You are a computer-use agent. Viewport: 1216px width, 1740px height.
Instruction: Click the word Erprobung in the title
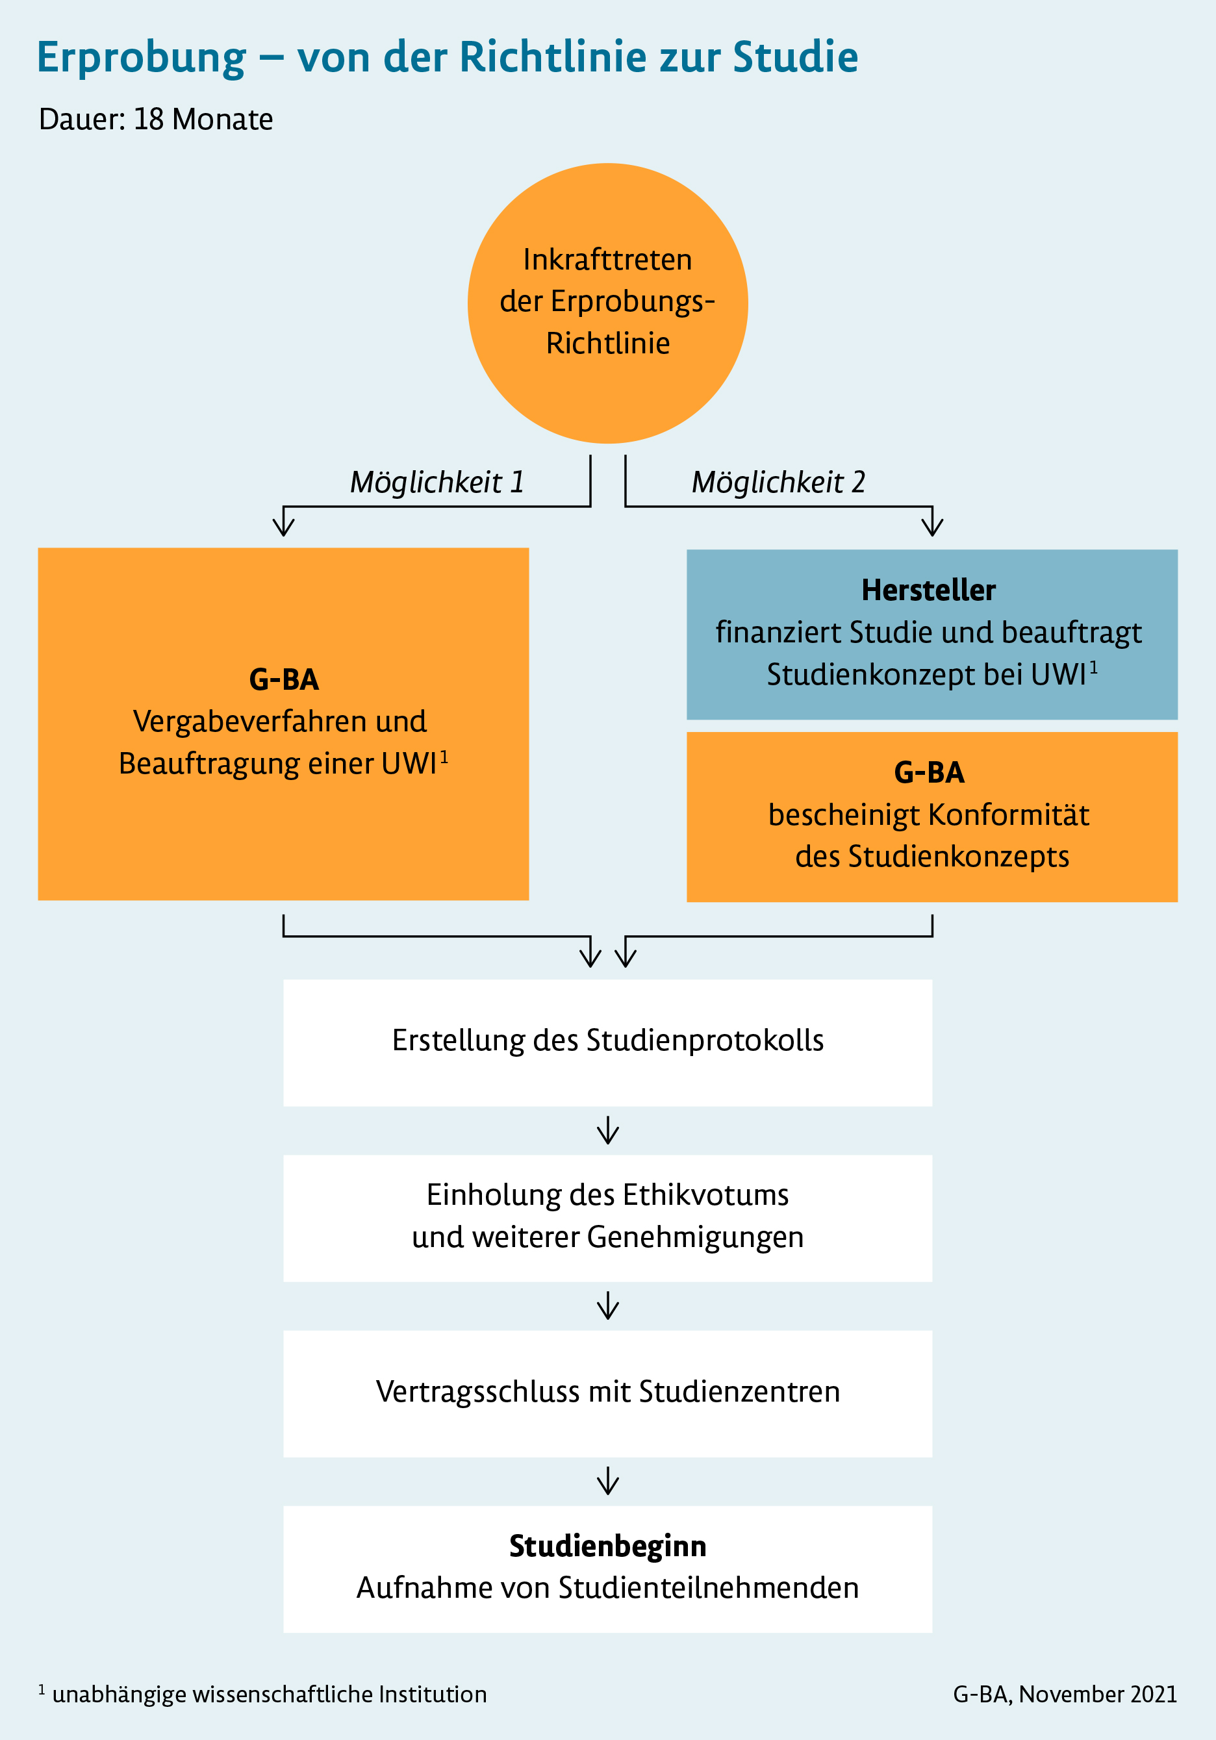pos(142,58)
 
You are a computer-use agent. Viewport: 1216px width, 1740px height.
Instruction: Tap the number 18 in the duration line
pos(149,120)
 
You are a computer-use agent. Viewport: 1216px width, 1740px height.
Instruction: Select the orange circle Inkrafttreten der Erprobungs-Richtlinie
pos(607,303)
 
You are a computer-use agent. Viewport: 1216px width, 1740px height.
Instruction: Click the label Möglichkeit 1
pos(437,482)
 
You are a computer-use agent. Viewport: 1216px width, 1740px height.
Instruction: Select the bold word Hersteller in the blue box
pos(928,590)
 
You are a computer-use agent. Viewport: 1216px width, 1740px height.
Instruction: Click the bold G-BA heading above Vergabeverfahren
pos(283,680)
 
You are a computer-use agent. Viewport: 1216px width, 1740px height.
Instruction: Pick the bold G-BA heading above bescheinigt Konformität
pos(929,773)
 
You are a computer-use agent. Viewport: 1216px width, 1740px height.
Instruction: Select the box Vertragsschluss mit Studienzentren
pos(607,1392)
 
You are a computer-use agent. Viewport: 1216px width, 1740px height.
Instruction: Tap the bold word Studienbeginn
pos(607,1546)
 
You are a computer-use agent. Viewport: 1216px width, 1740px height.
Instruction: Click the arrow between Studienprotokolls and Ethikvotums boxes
pos(607,1131)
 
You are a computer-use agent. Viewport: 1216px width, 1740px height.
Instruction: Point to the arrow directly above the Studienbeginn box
pos(607,1482)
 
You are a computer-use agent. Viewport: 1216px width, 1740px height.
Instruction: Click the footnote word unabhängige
pos(119,1695)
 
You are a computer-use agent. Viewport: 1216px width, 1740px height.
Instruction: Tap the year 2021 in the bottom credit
pos(1153,1695)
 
